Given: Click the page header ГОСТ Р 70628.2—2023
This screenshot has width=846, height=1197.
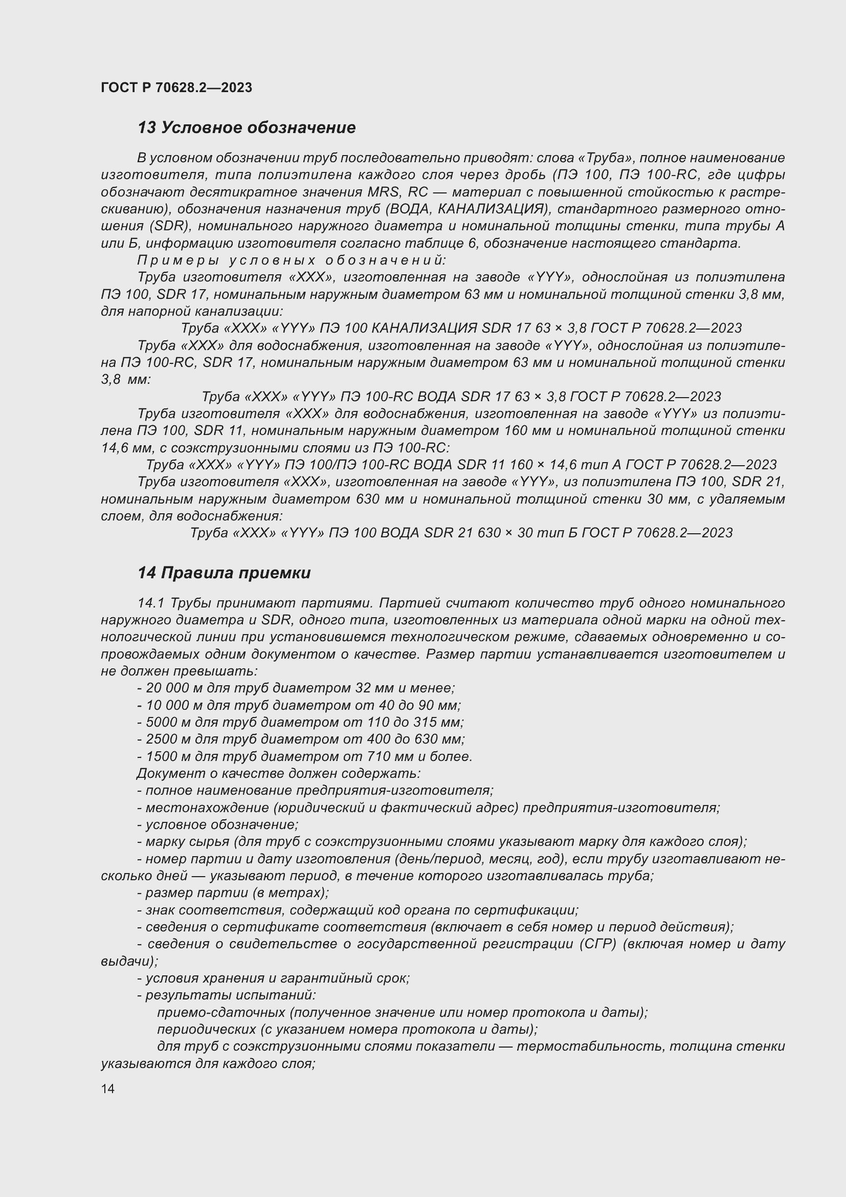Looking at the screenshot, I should pos(176,88).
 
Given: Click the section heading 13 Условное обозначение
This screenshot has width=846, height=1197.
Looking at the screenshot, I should pos(247,127).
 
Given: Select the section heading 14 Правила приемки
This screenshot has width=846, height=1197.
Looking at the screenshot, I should pos(224,573).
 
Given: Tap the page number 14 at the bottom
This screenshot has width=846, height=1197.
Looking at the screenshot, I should pos(108,1089).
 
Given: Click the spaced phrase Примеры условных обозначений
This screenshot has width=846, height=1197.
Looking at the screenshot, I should pos(292,259).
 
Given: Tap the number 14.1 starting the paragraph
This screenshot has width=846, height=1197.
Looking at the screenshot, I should pos(150,603).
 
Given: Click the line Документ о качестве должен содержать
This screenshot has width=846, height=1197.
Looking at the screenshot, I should pos(279,774).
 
